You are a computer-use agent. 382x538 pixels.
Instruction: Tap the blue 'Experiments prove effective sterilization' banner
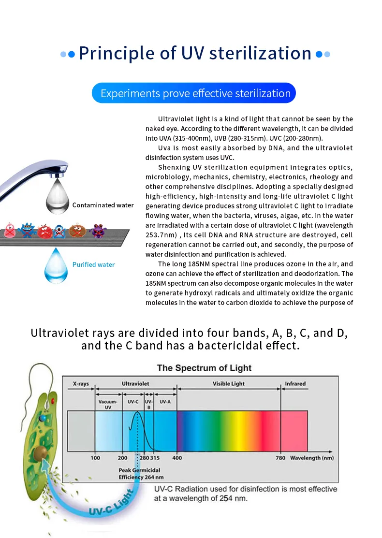coord(194,93)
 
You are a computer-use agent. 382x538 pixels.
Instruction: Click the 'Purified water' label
coord(94,264)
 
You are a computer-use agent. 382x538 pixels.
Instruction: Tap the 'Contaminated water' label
coord(103,205)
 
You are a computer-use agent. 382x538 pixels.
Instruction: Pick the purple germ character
coord(99,231)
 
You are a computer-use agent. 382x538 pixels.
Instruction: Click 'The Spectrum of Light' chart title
coord(204,368)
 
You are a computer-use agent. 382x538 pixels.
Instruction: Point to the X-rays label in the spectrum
coord(81,384)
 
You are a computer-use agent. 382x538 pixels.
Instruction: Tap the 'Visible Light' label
coord(229,384)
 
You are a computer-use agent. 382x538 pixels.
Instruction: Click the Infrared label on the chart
coord(295,384)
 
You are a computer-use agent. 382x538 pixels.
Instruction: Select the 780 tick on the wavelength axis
coord(280,458)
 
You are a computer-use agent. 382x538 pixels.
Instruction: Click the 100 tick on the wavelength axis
coord(95,458)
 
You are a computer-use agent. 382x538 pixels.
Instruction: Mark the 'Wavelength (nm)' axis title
coord(312,458)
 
